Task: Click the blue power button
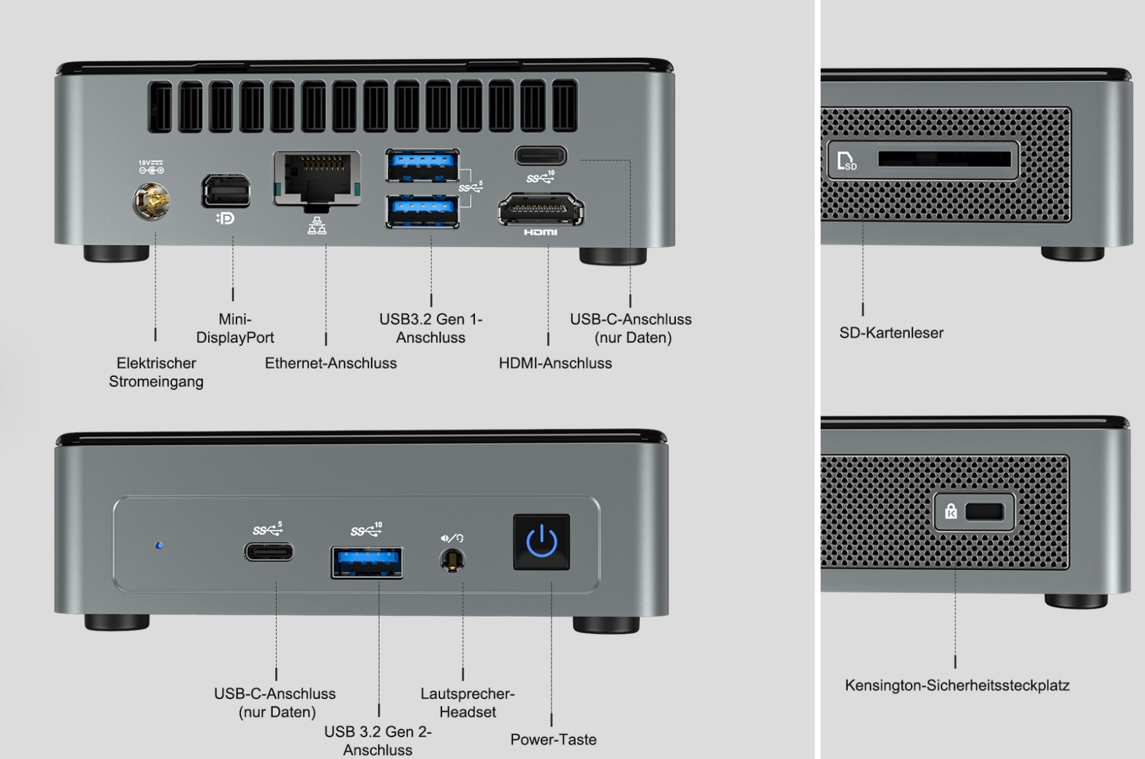[x=542, y=542]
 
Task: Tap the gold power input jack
[x=152, y=201]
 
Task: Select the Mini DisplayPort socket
[x=226, y=191]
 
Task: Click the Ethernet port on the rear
[x=317, y=178]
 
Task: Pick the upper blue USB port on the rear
[x=422, y=165]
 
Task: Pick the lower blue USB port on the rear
[x=422, y=211]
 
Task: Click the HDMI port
[x=540, y=210]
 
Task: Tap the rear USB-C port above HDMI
[x=540, y=156]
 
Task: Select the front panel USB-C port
[x=269, y=551]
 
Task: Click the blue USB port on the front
[x=367, y=563]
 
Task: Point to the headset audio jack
[x=452, y=561]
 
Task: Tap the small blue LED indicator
[x=159, y=546]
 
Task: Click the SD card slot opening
[x=943, y=159]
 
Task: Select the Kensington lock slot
[x=984, y=512]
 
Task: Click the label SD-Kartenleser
[x=891, y=333]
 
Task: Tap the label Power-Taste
[x=553, y=739]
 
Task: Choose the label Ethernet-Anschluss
[x=331, y=363]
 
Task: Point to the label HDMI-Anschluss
[x=555, y=363]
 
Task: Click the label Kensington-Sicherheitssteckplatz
[x=957, y=685]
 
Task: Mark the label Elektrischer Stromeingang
[x=156, y=372]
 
